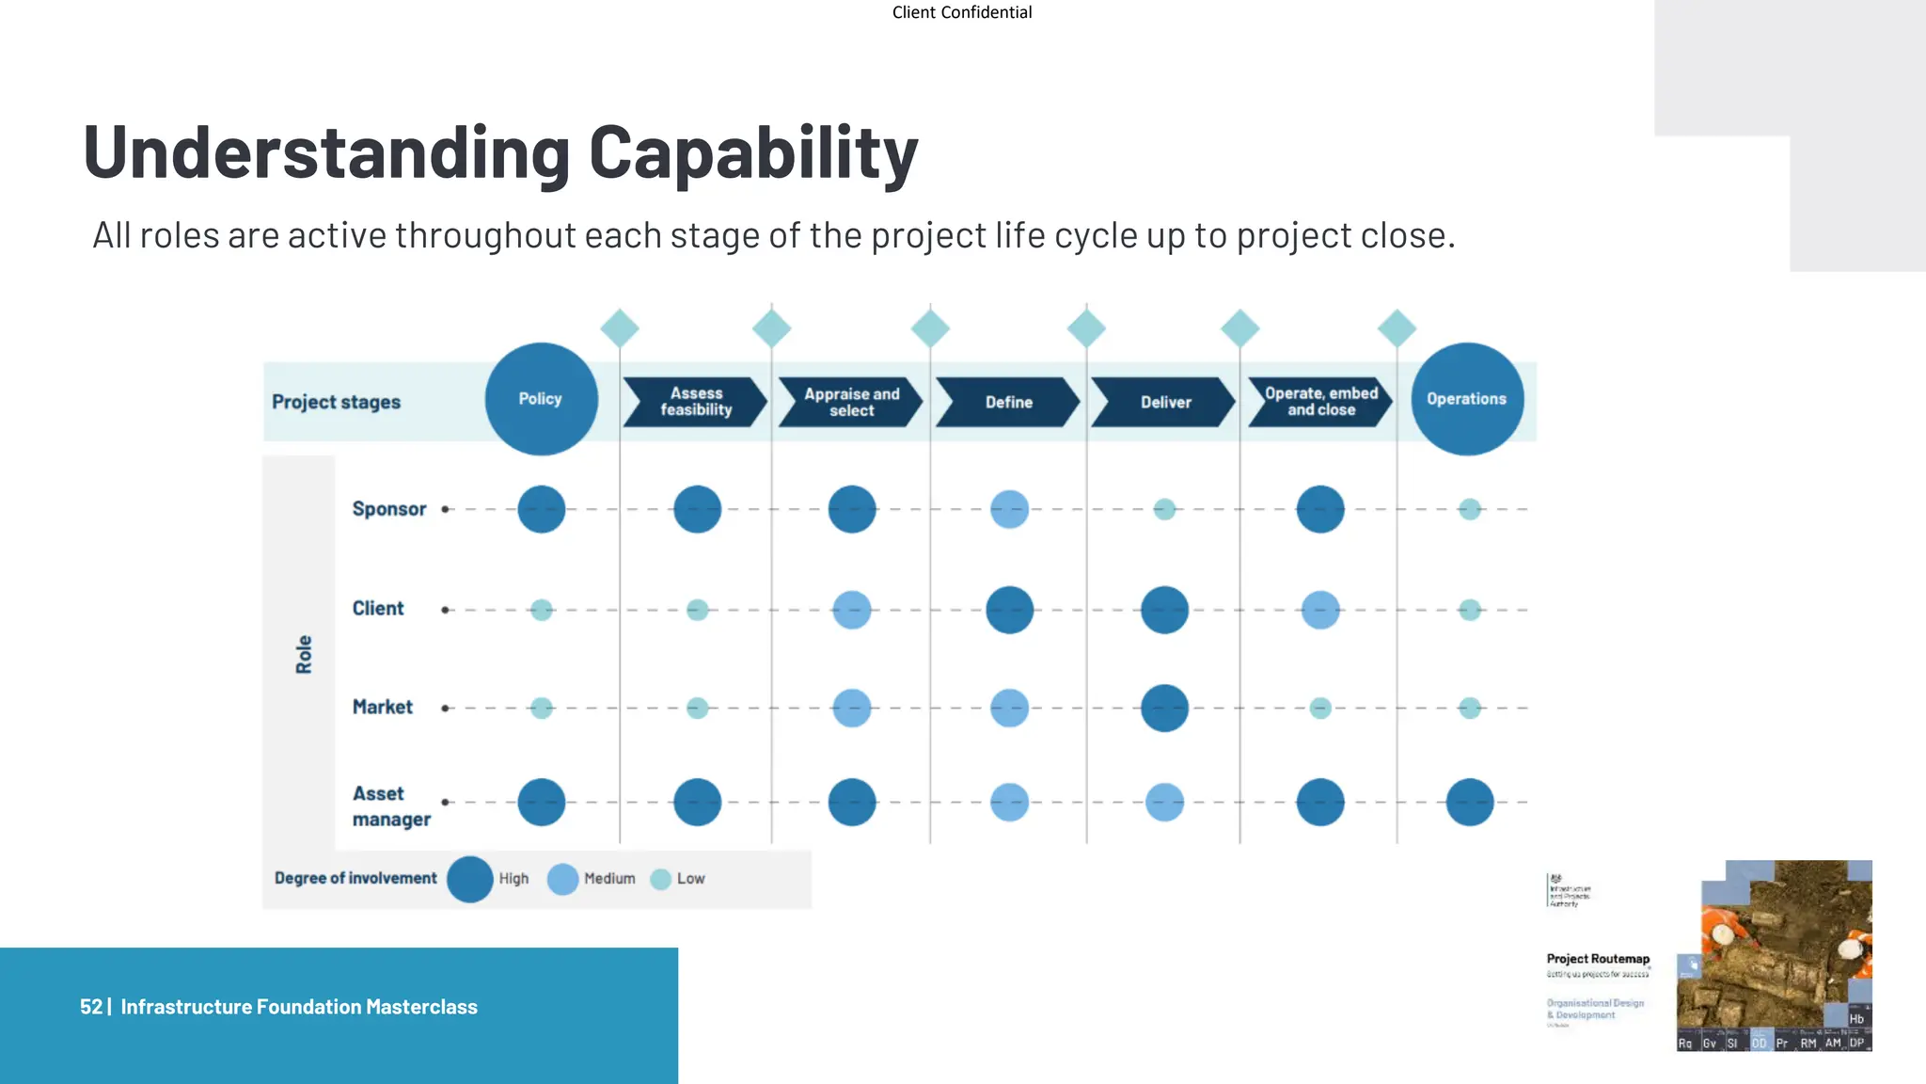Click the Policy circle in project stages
(x=541, y=399)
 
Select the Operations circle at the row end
(x=1466, y=399)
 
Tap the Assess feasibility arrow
(x=696, y=402)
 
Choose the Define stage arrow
(x=1008, y=402)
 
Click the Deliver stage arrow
(x=1164, y=402)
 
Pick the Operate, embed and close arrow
(x=1320, y=402)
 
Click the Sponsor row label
(x=388, y=509)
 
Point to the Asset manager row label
(x=390, y=806)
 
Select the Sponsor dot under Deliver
(x=1164, y=509)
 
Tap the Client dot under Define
(x=1009, y=610)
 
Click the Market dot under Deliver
(x=1164, y=708)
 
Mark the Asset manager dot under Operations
(x=1469, y=802)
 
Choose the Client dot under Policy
(x=542, y=610)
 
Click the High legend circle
(x=470, y=879)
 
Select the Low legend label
(x=690, y=879)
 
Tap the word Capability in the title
(x=752, y=152)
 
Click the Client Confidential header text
(x=961, y=12)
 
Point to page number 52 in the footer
(x=90, y=1007)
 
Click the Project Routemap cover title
(x=1597, y=959)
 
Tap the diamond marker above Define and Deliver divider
(x=1086, y=328)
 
